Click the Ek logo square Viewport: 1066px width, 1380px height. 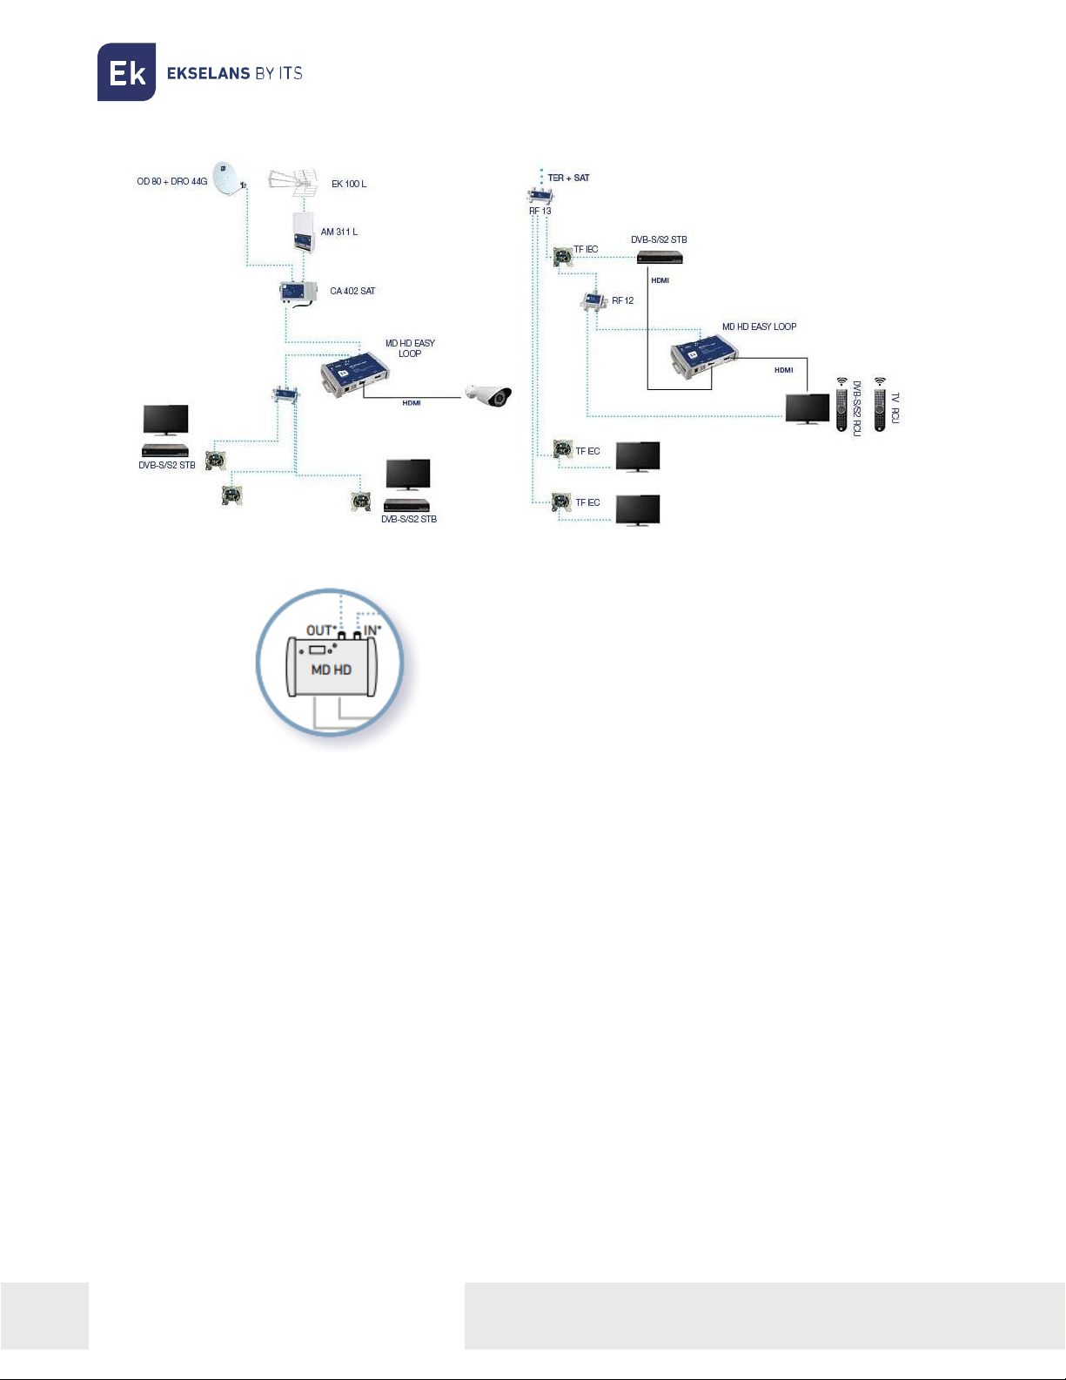[x=126, y=72]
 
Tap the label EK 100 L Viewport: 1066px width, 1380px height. [x=348, y=184]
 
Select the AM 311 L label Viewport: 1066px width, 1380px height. [x=339, y=232]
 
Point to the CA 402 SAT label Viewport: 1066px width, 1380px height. [x=352, y=291]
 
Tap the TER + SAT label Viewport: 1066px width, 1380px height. [x=568, y=178]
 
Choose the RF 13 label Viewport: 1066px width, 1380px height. [x=540, y=211]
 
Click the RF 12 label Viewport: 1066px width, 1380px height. [x=622, y=300]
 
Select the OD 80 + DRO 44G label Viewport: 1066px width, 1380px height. [x=171, y=181]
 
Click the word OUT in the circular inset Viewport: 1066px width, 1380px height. [x=319, y=629]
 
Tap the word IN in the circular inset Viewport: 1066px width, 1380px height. [x=371, y=629]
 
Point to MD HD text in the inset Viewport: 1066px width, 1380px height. [x=332, y=670]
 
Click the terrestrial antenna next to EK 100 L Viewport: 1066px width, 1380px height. [x=292, y=182]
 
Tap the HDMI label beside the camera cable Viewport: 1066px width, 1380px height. [x=412, y=403]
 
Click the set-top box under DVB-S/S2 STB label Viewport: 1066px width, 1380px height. [x=660, y=257]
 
